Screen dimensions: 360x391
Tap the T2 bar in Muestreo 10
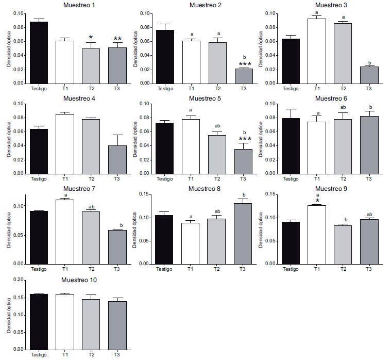pyautogui.click(x=90, y=324)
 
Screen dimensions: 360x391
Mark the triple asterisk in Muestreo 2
pyautogui.click(x=245, y=64)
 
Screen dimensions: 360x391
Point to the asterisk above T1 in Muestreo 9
pyautogui.click(x=317, y=201)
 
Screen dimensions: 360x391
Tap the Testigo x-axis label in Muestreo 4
pyautogui.click(x=39, y=178)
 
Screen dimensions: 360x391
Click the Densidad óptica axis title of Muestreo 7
pyautogui.click(x=9, y=227)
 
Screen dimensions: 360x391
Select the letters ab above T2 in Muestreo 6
pyautogui.click(x=343, y=108)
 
